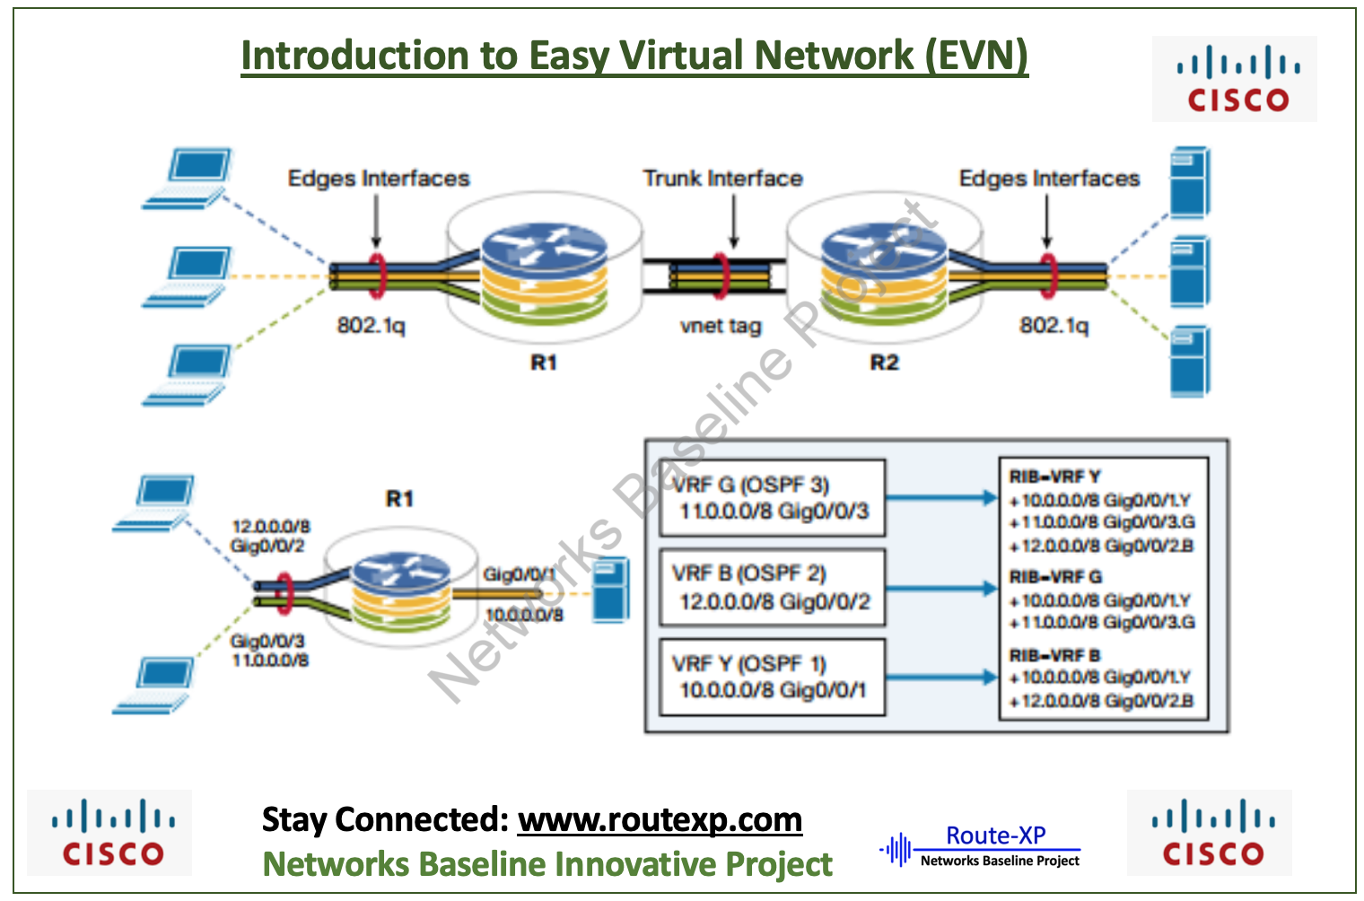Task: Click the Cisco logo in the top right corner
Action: (1234, 79)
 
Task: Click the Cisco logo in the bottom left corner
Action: (109, 833)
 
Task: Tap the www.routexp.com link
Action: (660, 820)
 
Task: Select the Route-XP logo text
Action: (995, 835)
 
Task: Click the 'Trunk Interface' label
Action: (722, 179)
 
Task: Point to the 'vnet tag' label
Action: (721, 326)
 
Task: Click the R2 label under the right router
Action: (884, 363)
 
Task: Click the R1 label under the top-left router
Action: (544, 363)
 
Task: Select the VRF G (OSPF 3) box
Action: (772, 498)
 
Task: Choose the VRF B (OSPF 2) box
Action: (772, 588)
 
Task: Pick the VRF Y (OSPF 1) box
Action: (772, 678)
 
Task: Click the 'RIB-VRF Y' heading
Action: (1054, 477)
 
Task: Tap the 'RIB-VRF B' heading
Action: (1054, 656)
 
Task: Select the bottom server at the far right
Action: (1190, 362)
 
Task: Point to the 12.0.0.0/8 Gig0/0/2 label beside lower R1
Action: (270, 536)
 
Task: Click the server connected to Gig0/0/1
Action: (610, 590)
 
